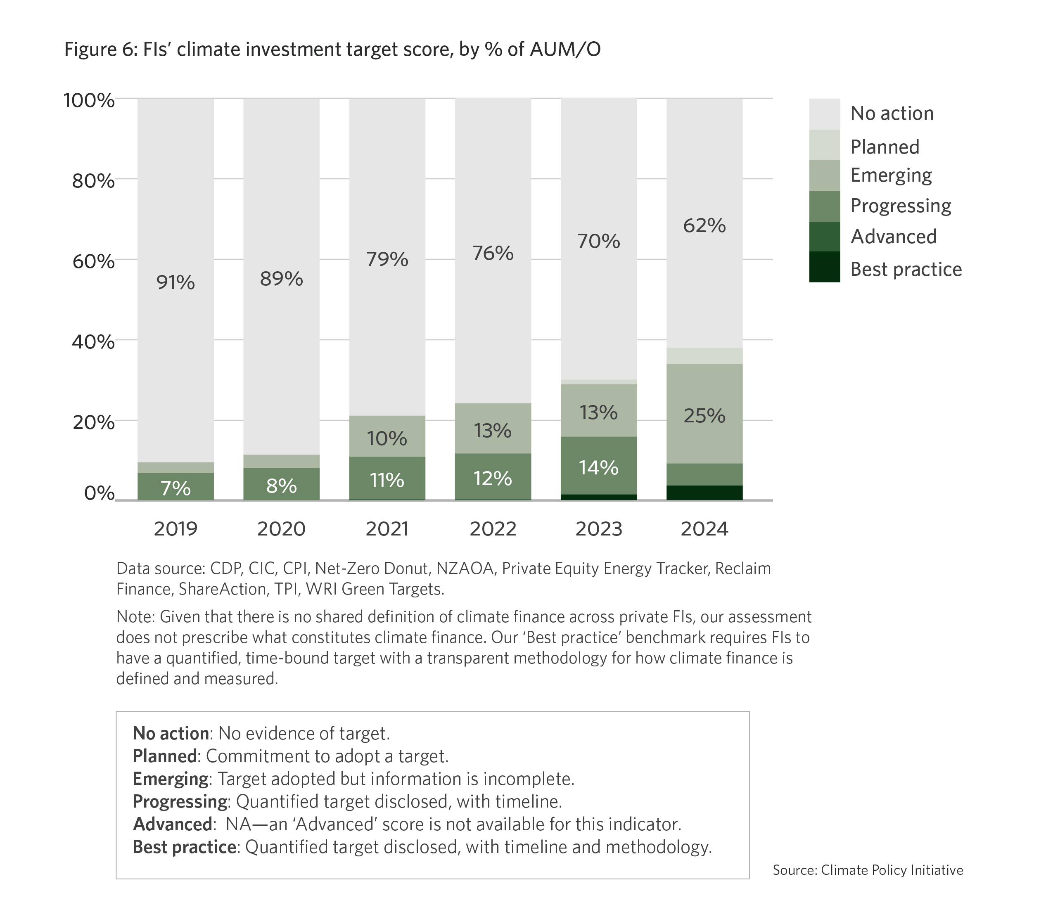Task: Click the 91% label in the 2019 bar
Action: (x=175, y=282)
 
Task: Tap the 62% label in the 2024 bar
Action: (x=704, y=225)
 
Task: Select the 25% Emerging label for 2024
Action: (x=704, y=416)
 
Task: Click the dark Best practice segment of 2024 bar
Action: (x=704, y=493)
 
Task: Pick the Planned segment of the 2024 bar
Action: (x=704, y=356)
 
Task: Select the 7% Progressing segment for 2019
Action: (x=175, y=487)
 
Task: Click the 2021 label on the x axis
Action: (x=387, y=529)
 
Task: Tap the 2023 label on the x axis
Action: (x=599, y=529)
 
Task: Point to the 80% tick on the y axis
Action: (x=93, y=181)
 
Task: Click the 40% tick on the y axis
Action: (x=93, y=341)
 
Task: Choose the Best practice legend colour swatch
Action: (x=824, y=267)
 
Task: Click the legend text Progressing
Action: (x=901, y=206)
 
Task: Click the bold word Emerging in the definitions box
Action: (x=171, y=779)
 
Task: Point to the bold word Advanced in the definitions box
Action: (x=173, y=824)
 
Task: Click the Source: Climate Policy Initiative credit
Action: (x=868, y=870)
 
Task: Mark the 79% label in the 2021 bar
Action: (x=387, y=259)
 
